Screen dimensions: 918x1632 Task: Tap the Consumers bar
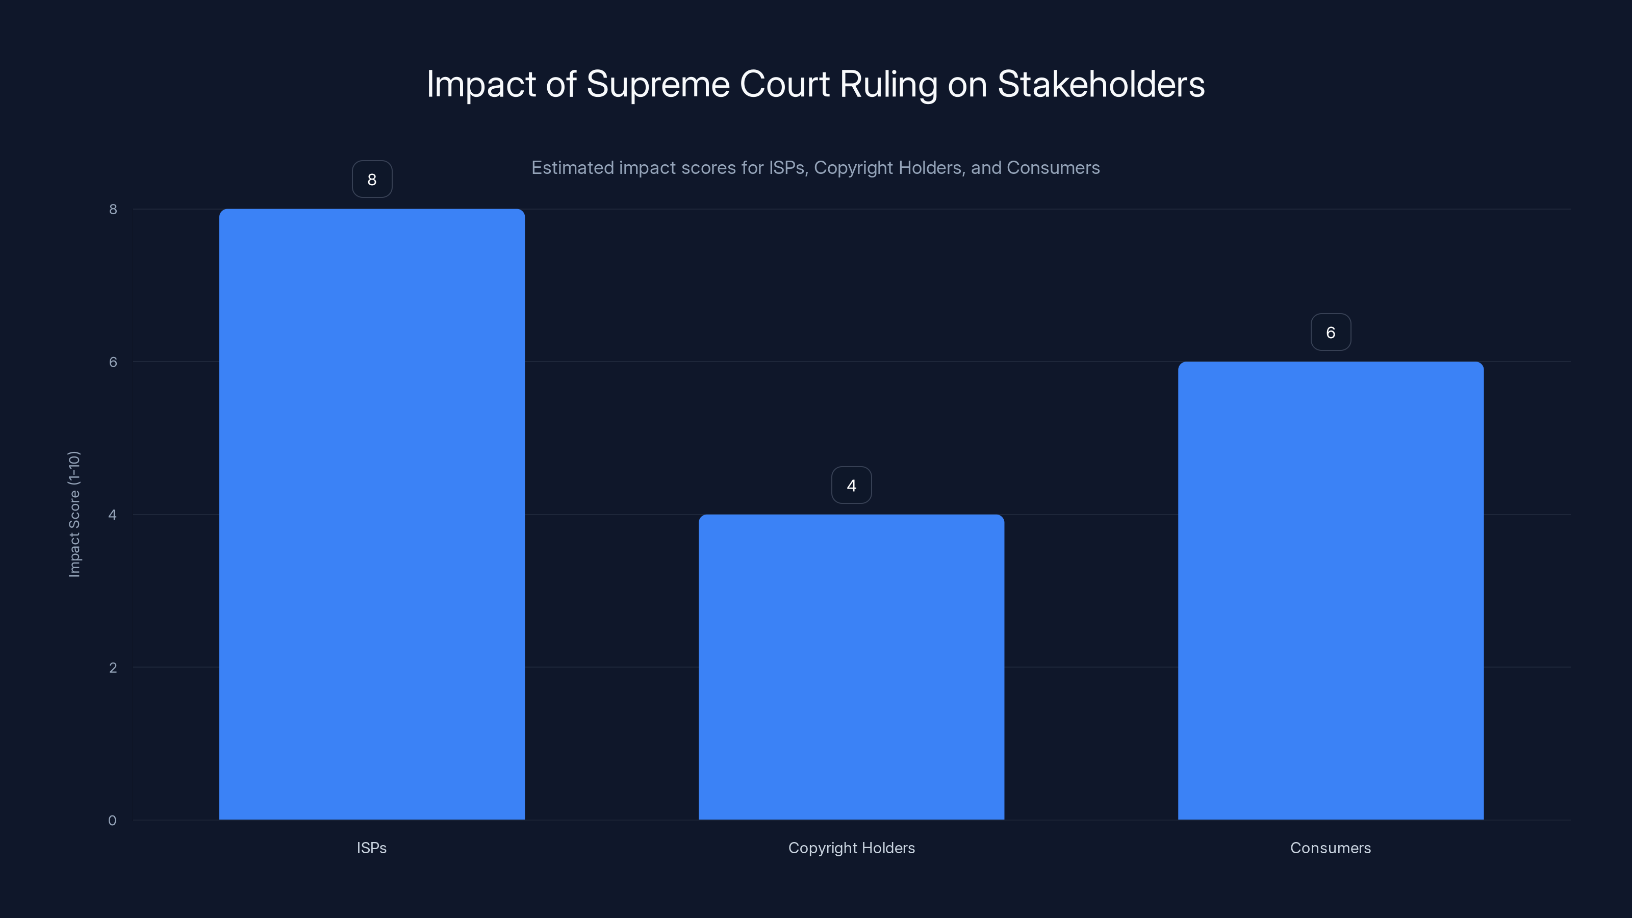pos(1331,591)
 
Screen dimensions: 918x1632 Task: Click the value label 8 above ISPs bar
pos(372,180)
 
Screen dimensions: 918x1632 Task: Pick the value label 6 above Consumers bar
pos(1331,333)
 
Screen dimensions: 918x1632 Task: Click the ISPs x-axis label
pos(372,848)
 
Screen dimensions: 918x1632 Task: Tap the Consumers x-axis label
pos(1331,848)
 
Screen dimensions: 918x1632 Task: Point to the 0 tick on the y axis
pos(112,821)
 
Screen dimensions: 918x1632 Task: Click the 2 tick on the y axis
pos(113,667)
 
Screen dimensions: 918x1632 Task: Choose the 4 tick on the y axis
pos(113,515)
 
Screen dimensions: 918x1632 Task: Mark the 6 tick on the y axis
pos(113,362)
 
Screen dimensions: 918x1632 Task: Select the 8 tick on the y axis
pos(113,209)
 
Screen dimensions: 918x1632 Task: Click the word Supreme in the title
pos(657,84)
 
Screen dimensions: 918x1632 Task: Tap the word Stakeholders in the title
pos(1101,84)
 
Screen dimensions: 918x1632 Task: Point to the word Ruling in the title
pos(888,84)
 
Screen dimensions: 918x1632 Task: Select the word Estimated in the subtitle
pos(572,168)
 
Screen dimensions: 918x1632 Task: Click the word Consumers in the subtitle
pos(1053,168)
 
